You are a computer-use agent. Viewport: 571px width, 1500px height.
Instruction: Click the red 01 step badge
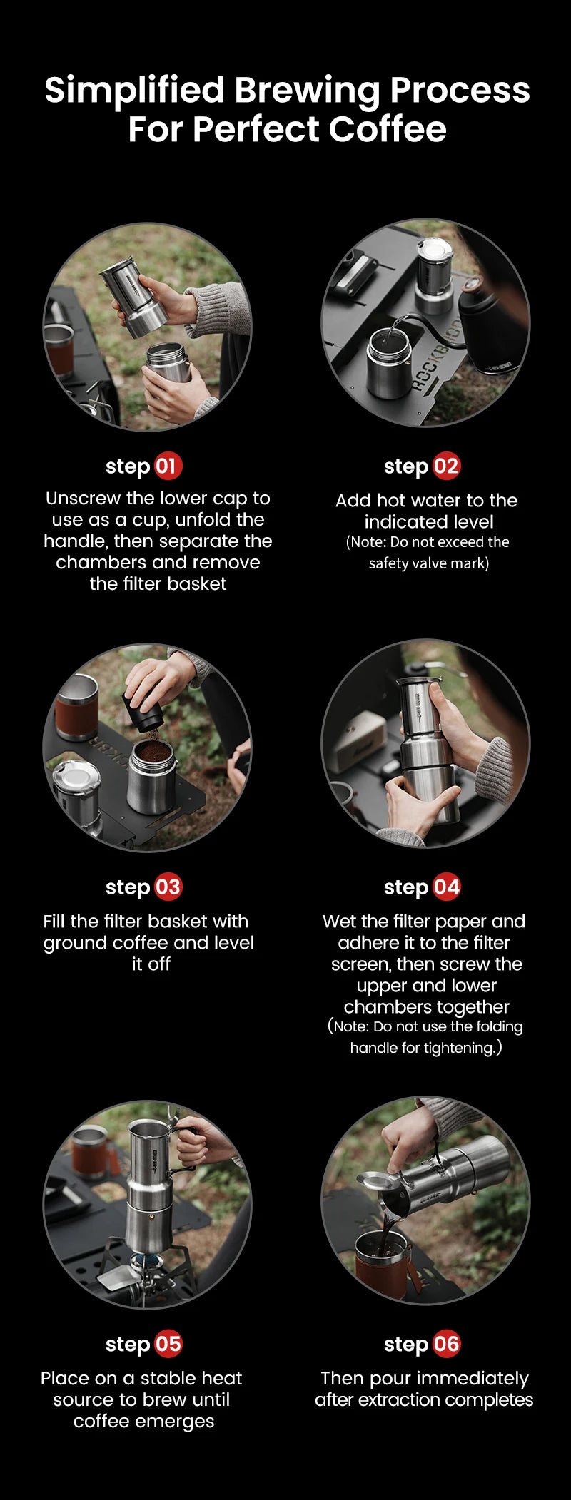click(x=168, y=466)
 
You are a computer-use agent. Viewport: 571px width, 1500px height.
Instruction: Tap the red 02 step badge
click(x=446, y=466)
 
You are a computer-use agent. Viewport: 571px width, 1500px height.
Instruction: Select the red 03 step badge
click(x=168, y=887)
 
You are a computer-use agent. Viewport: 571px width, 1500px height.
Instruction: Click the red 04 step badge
click(x=446, y=887)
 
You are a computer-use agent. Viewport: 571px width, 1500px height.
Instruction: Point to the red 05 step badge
click(x=168, y=1345)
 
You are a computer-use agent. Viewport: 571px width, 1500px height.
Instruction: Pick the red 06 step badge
click(x=446, y=1345)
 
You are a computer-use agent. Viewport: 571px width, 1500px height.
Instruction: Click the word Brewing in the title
click(x=308, y=91)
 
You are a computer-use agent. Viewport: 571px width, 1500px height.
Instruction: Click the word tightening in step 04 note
click(x=458, y=1048)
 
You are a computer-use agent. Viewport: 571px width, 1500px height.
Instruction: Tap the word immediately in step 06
click(x=474, y=1378)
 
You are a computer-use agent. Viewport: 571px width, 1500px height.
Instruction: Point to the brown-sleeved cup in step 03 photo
click(x=76, y=706)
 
